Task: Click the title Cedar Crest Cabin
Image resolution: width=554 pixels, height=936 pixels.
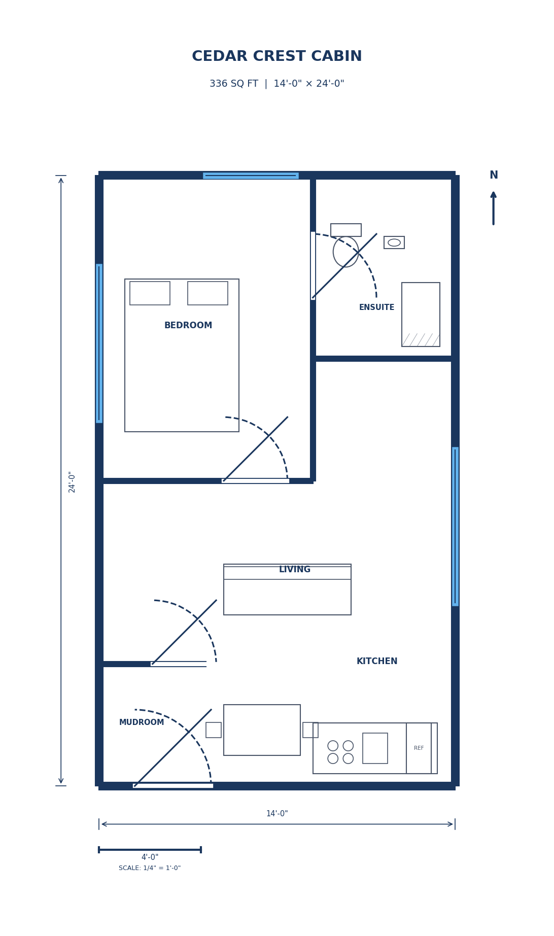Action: pyautogui.click(x=276, y=56)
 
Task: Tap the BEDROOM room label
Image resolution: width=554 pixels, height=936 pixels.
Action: pyautogui.click(x=188, y=326)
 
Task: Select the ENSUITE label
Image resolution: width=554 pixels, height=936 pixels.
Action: pyautogui.click(x=376, y=307)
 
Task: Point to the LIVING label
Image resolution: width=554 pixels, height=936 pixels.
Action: pyautogui.click(x=295, y=570)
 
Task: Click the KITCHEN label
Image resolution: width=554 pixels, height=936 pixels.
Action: pyautogui.click(x=377, y=662)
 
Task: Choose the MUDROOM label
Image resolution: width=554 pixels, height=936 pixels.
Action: pyautogui.click(x=142, y=722)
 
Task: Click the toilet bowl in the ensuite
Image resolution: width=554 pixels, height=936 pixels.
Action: pyautogui.click(x=346, y=252)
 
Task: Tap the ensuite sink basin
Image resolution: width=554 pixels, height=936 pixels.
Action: pyautogui.click(x=394, y=242)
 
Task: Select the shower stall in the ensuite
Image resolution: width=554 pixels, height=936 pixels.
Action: pyautogui.click(x=421, y=315)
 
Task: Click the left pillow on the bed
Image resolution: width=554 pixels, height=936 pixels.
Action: pyautogui.click(x=150, y=293)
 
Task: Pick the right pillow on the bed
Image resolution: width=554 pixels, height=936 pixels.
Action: pyautogui.click(x=207, y=293)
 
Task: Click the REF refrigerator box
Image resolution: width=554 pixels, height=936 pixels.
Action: pyautogui.click(x=419, y=748)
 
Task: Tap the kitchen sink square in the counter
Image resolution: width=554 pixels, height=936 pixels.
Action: pyautogui.click(x=375, y=748)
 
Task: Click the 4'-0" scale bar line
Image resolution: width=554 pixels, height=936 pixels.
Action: pyautogui.click(x=150, y=849)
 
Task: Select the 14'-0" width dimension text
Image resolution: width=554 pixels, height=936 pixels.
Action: pyautogui.click(x=277, y=814)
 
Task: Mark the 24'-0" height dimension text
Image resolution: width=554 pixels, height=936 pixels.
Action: pyautogui.click(x=72, y=481)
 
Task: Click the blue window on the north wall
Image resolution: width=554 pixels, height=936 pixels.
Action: pyautogui.click(x=251, y=176)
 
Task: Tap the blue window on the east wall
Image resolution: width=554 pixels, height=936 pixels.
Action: pyautogui.click(x=455, y=526)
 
